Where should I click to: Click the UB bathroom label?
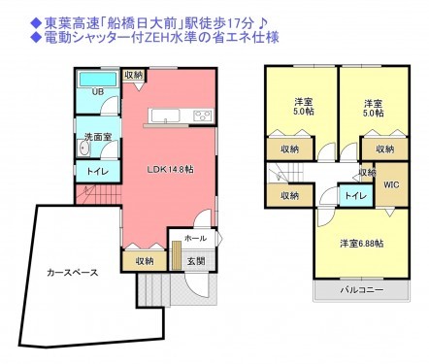click(x=97, y=92)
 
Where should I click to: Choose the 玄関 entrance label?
click(x=196, y=260)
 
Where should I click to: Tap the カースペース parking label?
click(x=72, y=273)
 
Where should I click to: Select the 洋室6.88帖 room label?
click(x=360, y=243)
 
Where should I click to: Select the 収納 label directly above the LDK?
click(x=134, y=75)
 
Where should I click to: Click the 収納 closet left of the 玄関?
click(x=145, y=260)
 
